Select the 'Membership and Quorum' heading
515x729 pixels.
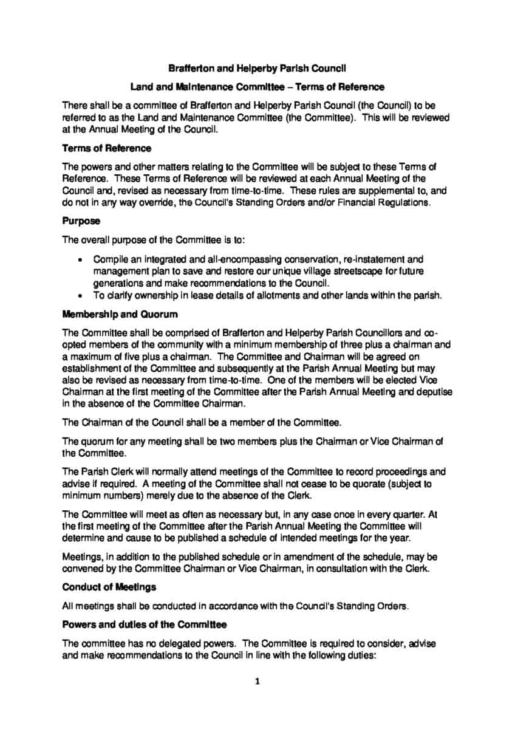(111, 315)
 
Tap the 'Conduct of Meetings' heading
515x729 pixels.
(109, 587)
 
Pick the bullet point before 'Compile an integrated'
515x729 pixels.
(81, 259)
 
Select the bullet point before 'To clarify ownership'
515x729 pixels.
(81, 296)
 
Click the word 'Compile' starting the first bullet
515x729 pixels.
(110, 259)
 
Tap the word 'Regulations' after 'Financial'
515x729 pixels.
(400, 202)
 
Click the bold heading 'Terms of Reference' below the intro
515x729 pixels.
(107, 148)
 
